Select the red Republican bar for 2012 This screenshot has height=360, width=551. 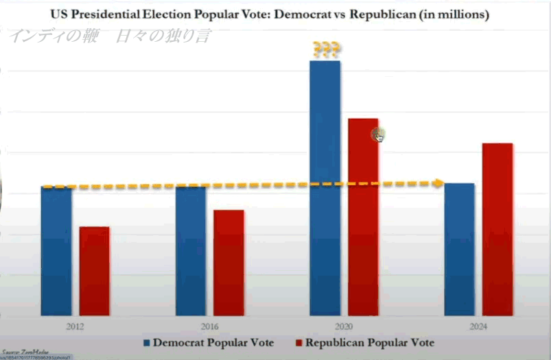[95, 271]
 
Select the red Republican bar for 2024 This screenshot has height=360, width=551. [497, 229]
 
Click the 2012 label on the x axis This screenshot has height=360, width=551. [75, 327]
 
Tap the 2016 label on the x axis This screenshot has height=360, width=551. [210, 327]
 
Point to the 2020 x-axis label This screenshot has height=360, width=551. [344, 327]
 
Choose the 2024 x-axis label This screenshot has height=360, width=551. [478, 327]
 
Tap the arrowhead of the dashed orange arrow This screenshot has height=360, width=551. [438, 183]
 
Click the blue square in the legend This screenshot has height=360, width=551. [147, 342]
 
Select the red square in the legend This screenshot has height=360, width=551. [299, 342]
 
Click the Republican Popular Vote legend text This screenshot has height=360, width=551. [370, 342]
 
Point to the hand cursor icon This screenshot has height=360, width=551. [378, 136]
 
